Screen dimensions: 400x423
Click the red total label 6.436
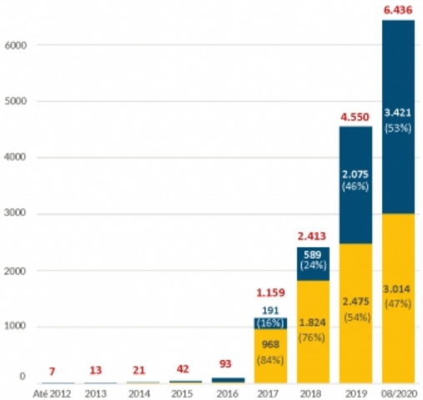point(398,9)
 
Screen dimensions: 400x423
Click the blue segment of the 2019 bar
point(355,150)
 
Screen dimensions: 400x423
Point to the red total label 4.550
point(355,116)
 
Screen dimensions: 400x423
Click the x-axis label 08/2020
point(398,391)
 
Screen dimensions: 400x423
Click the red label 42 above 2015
point(182,368)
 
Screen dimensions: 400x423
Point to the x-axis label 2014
point(138,391)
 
